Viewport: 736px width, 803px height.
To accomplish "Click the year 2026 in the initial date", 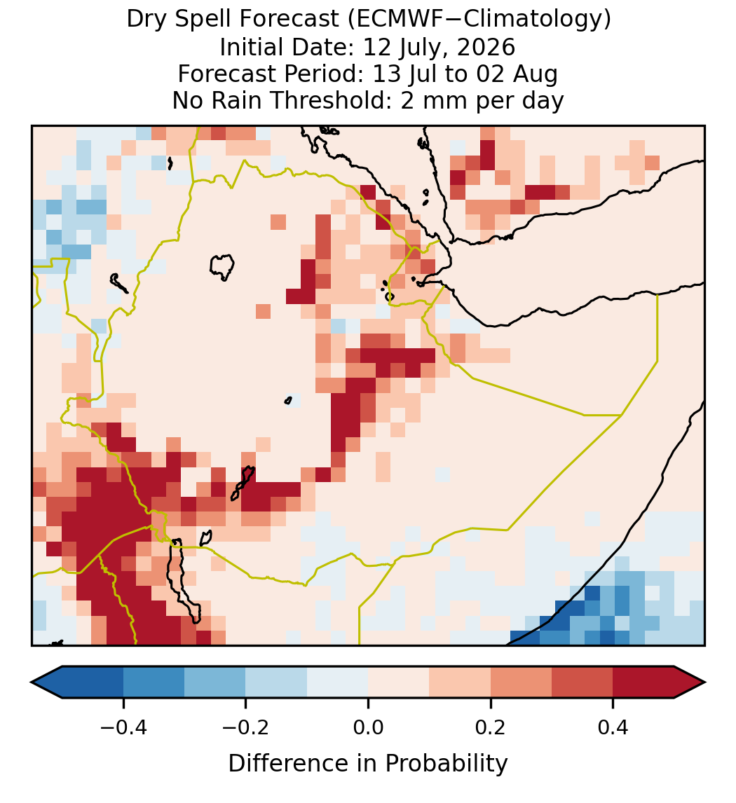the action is [486, 47].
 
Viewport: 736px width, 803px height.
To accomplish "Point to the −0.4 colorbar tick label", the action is [123, 727].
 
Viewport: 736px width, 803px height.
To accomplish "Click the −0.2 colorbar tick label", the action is [246, 727].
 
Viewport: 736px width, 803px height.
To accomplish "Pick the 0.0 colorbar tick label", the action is [368, 727].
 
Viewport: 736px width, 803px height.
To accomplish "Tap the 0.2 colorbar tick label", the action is [491, 727].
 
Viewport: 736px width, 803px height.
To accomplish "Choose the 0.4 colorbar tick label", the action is [613, 727].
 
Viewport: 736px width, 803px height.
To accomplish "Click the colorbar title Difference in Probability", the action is [368, 764].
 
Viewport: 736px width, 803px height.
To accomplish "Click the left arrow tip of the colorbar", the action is [32, 682].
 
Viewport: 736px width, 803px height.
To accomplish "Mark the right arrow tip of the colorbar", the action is [704, 682].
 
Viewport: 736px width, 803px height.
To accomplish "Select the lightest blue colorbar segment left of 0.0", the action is [338, 682].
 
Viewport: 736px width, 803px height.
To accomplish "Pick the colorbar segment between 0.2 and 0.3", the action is [521, 682].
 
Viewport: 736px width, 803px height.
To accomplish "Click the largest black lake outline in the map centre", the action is [222, 267].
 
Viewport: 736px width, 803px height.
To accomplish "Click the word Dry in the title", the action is [146, 20].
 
